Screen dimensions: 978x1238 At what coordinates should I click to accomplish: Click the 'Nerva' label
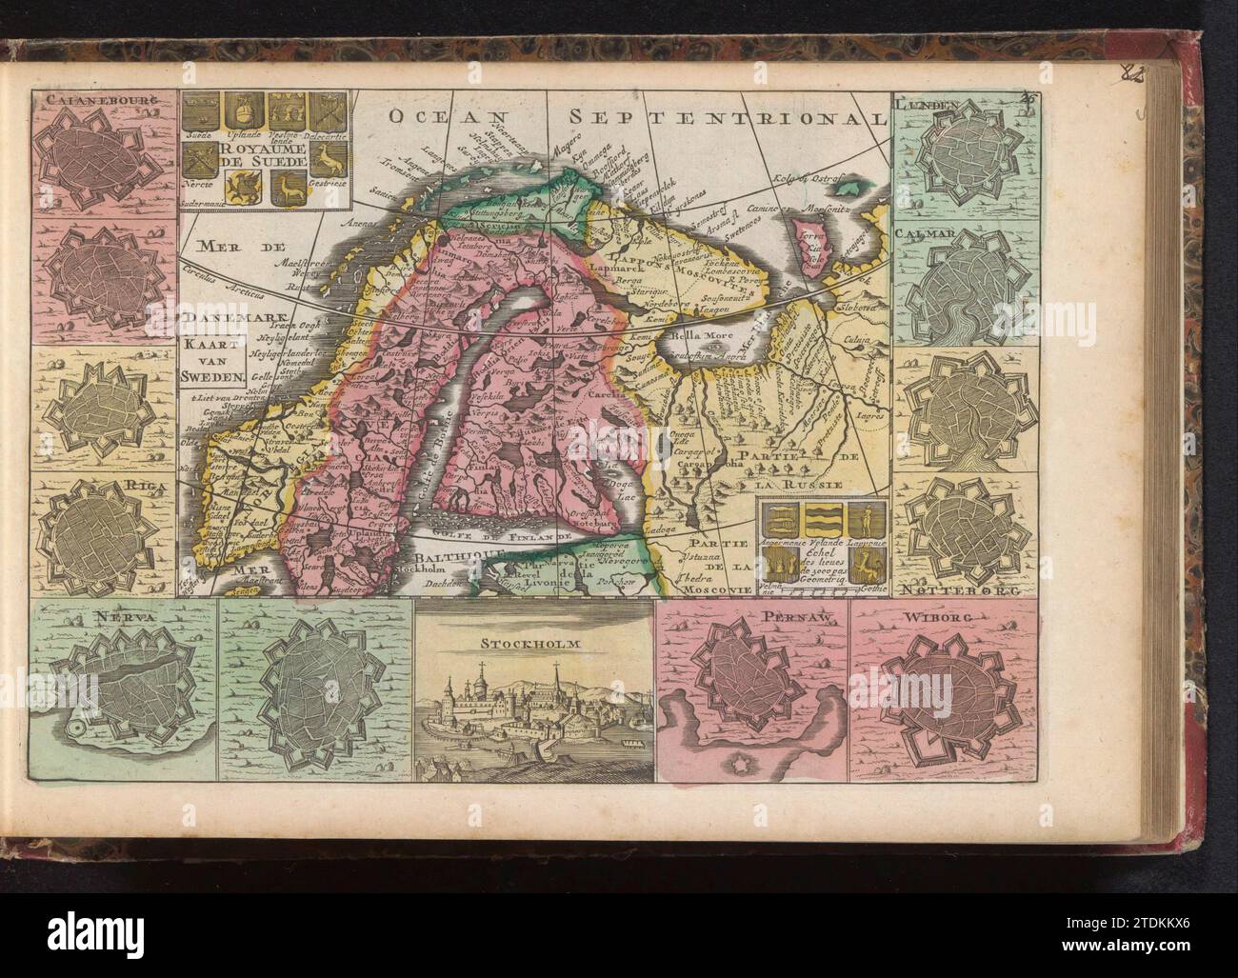(82, 620)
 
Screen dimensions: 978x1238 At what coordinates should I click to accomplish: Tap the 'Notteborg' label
(980, 590)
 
